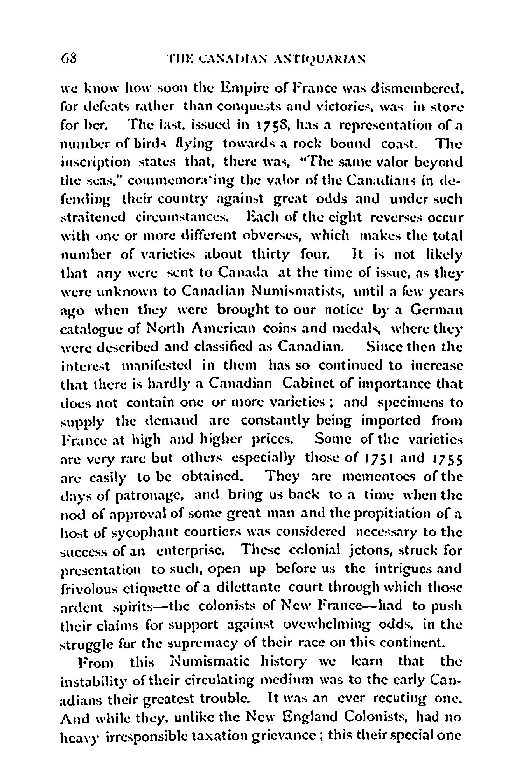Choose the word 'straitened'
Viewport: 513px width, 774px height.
pyautogui.click(x=93, y=218)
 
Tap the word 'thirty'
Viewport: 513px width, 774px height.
pyautogui.click(x=275, y=255)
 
